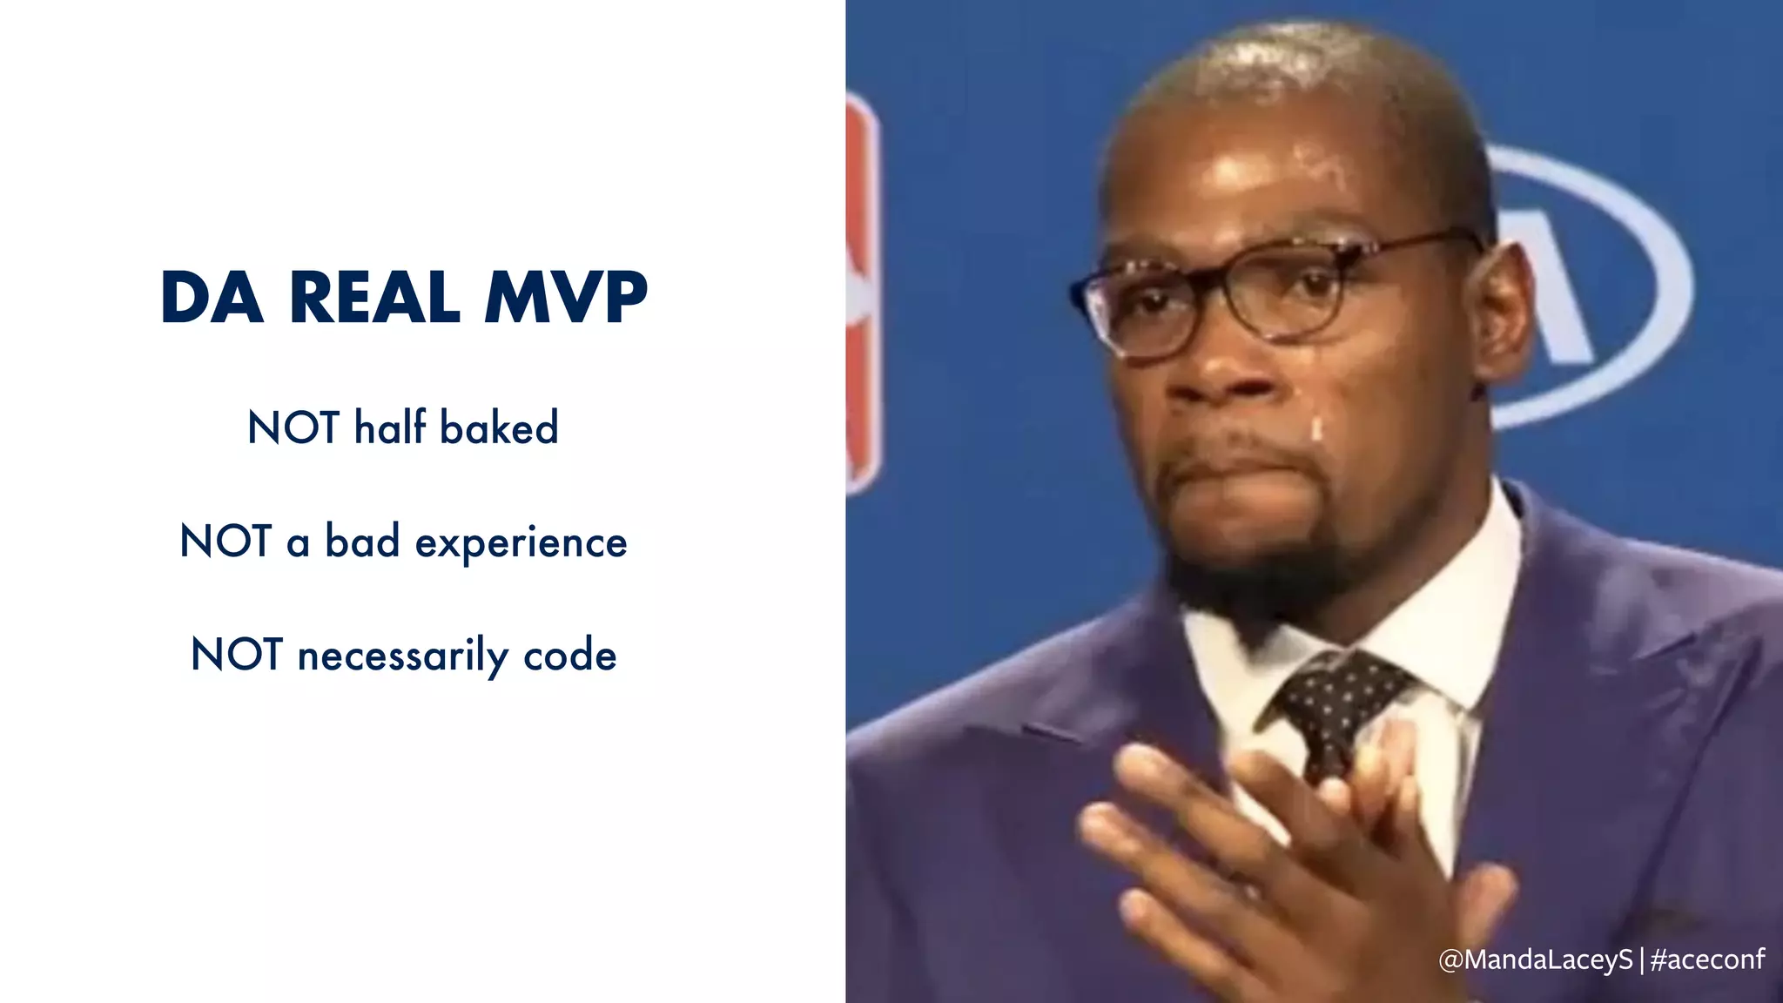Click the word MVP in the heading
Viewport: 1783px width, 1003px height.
566,298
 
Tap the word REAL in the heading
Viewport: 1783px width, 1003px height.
374,298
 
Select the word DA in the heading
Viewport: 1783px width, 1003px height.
212,298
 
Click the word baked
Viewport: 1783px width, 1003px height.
499,427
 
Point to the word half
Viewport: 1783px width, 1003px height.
390,427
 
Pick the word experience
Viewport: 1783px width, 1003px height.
521,543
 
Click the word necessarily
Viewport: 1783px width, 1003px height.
402,656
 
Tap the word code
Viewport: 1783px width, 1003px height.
569,655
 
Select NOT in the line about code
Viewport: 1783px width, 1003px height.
236,655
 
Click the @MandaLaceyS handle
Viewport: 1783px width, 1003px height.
1535,959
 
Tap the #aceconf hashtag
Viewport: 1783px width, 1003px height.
1707,959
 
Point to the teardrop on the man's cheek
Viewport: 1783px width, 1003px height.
1316,428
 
